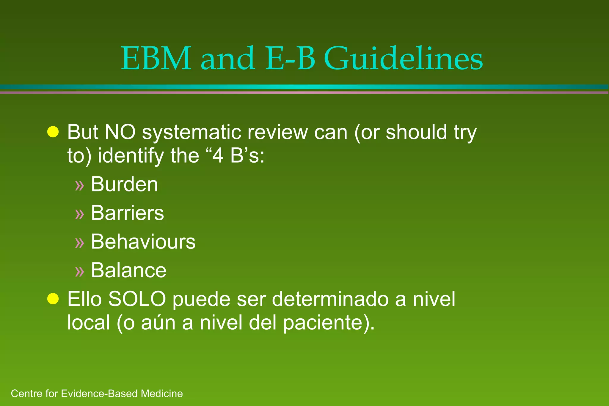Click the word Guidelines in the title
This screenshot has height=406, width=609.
click(x=403, y=59)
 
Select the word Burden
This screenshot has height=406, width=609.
click(x=124, y=184)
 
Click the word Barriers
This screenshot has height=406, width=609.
click(x=127, y=213)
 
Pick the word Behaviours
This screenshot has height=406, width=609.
click(x=143, y=241)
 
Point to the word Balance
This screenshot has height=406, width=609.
click(x=128, y=270)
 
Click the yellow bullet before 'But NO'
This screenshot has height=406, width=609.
click(x=53, y=132)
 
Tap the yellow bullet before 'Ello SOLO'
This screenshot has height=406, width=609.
click(x=53, y=299)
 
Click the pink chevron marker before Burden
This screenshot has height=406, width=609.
click(x=80, y=185)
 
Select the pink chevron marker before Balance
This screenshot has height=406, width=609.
click(x=80, y=271)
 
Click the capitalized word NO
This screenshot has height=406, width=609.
click(x=120, y=132)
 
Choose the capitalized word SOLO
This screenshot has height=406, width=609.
click(x=137, y=299)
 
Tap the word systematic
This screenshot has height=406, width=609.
click(x=192, y=132)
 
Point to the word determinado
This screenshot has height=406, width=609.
click(x=330, y=299)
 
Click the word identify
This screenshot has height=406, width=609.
click(x=131, y=156)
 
